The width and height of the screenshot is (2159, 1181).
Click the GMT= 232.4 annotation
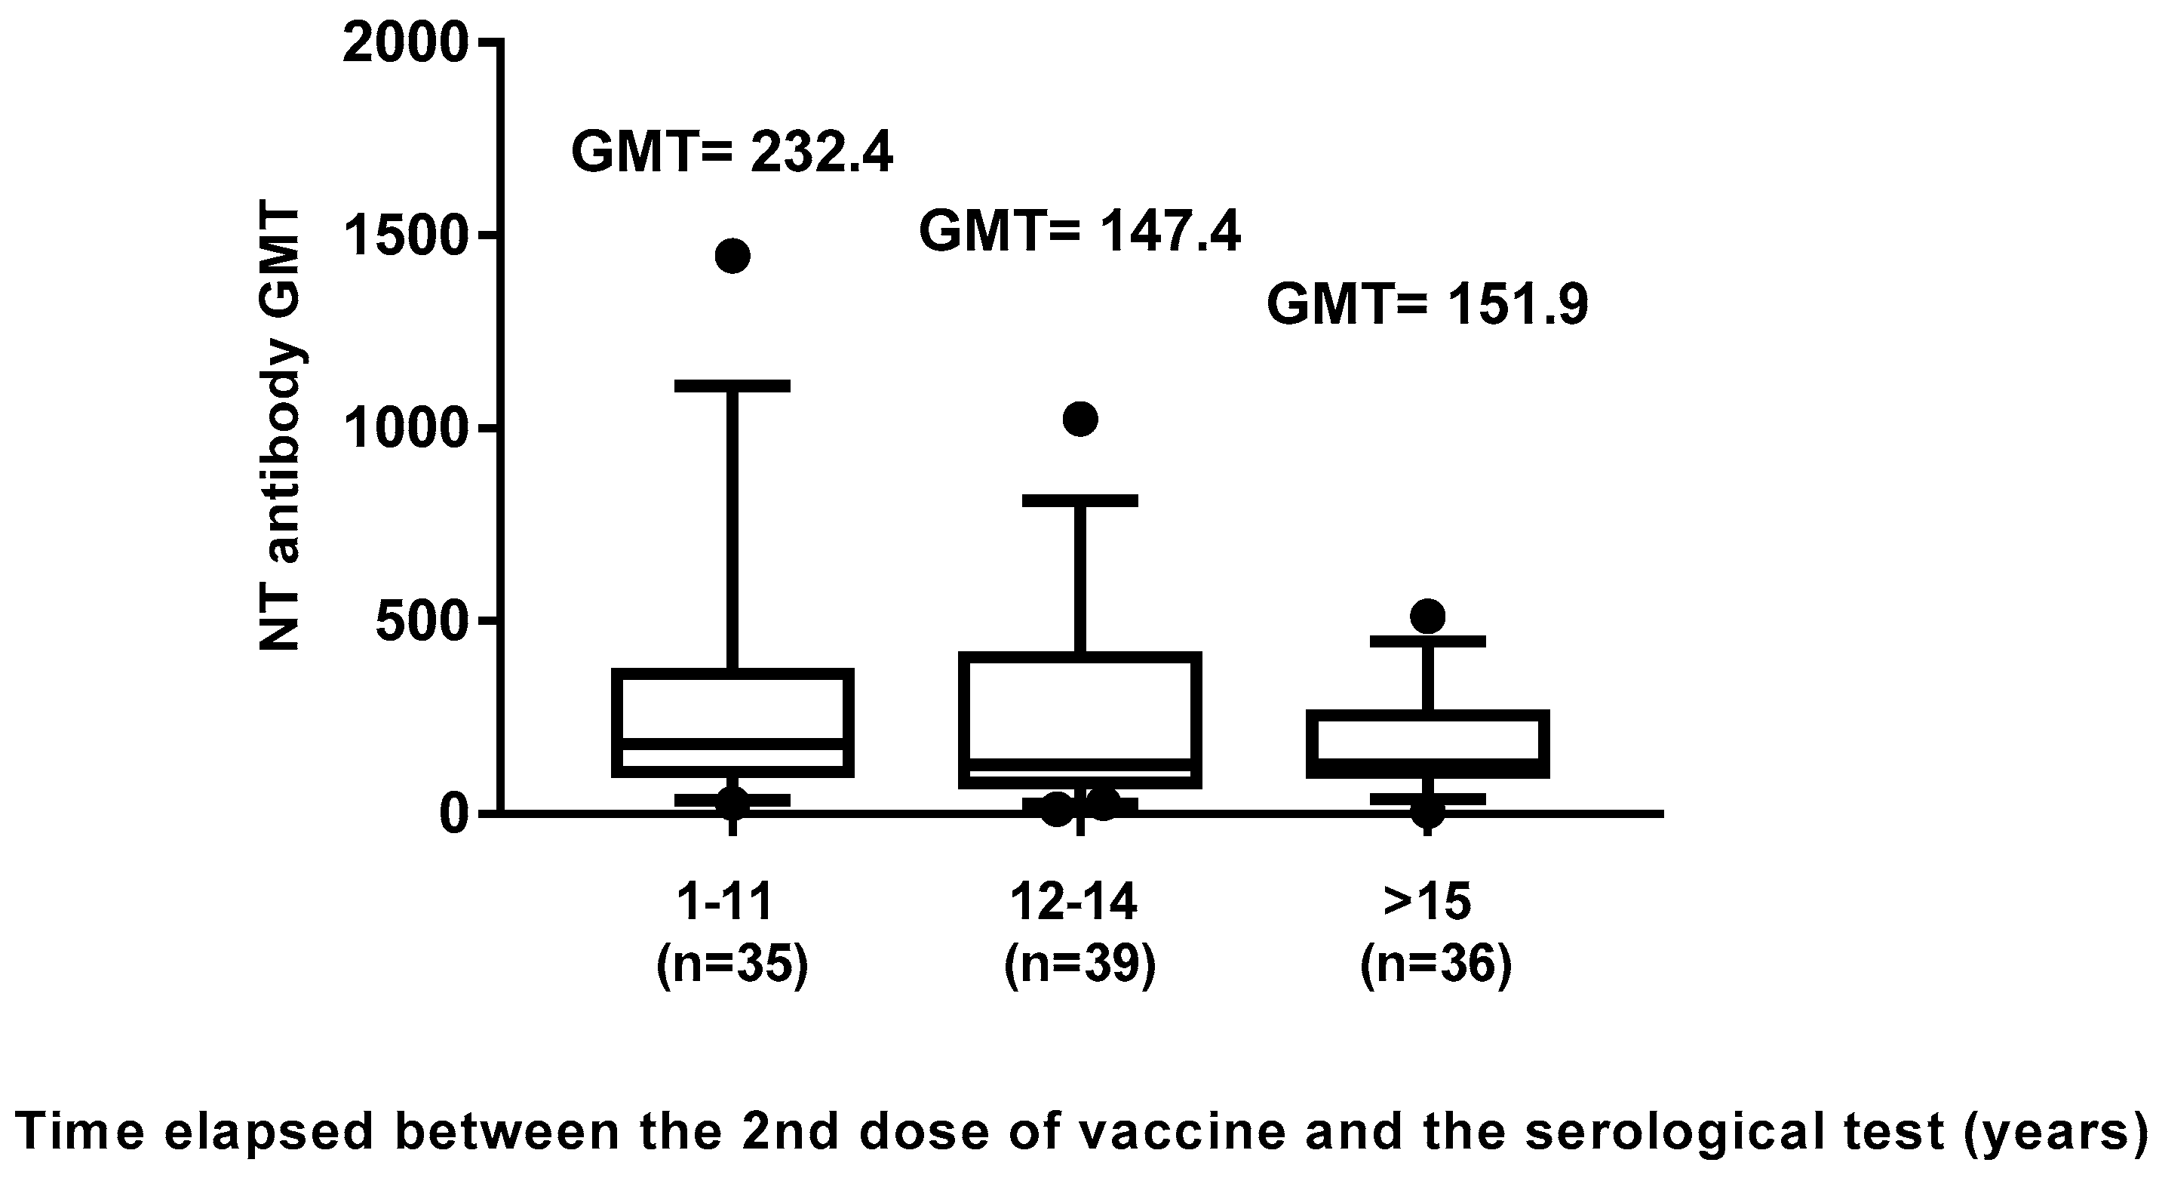pos(732,152)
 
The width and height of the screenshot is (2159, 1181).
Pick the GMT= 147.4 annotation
pos(1079,232)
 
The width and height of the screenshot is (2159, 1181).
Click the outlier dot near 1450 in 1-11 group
pos(732,256)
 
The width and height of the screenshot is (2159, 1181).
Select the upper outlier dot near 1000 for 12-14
pos(1079,419)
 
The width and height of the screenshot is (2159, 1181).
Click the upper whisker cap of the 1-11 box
pos(732,386)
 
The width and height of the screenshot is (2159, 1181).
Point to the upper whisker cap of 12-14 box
pos(1079,500)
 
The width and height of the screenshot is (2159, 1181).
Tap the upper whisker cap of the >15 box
pos(1427,641)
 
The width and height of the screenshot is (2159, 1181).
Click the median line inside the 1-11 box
pos(732,744)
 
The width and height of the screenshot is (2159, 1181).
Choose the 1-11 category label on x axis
pos(726,903)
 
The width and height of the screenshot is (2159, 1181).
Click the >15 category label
pos(1427,903)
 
